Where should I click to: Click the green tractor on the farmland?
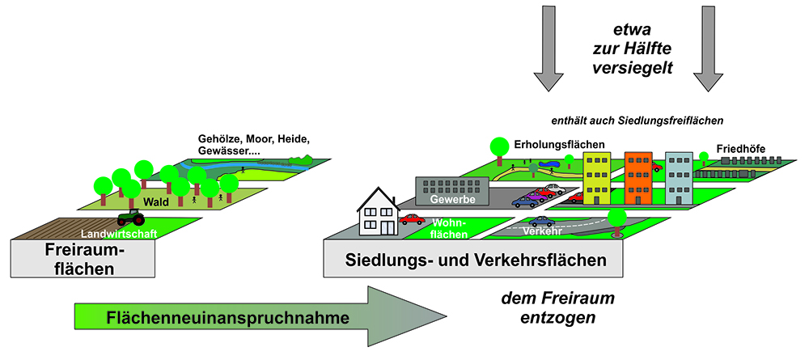tap(130, 218)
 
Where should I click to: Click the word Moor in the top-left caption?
tap(258, 139)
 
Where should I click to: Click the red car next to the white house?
tap(412, 218)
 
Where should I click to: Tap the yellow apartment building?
tap(596, 177)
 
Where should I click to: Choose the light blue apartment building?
tap(680, 176)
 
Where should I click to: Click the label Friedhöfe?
tap(740, 150)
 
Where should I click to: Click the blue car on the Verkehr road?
tap(541, 221)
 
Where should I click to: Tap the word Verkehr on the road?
tap(542, 233)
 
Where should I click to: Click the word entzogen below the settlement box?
tap(557, 317)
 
